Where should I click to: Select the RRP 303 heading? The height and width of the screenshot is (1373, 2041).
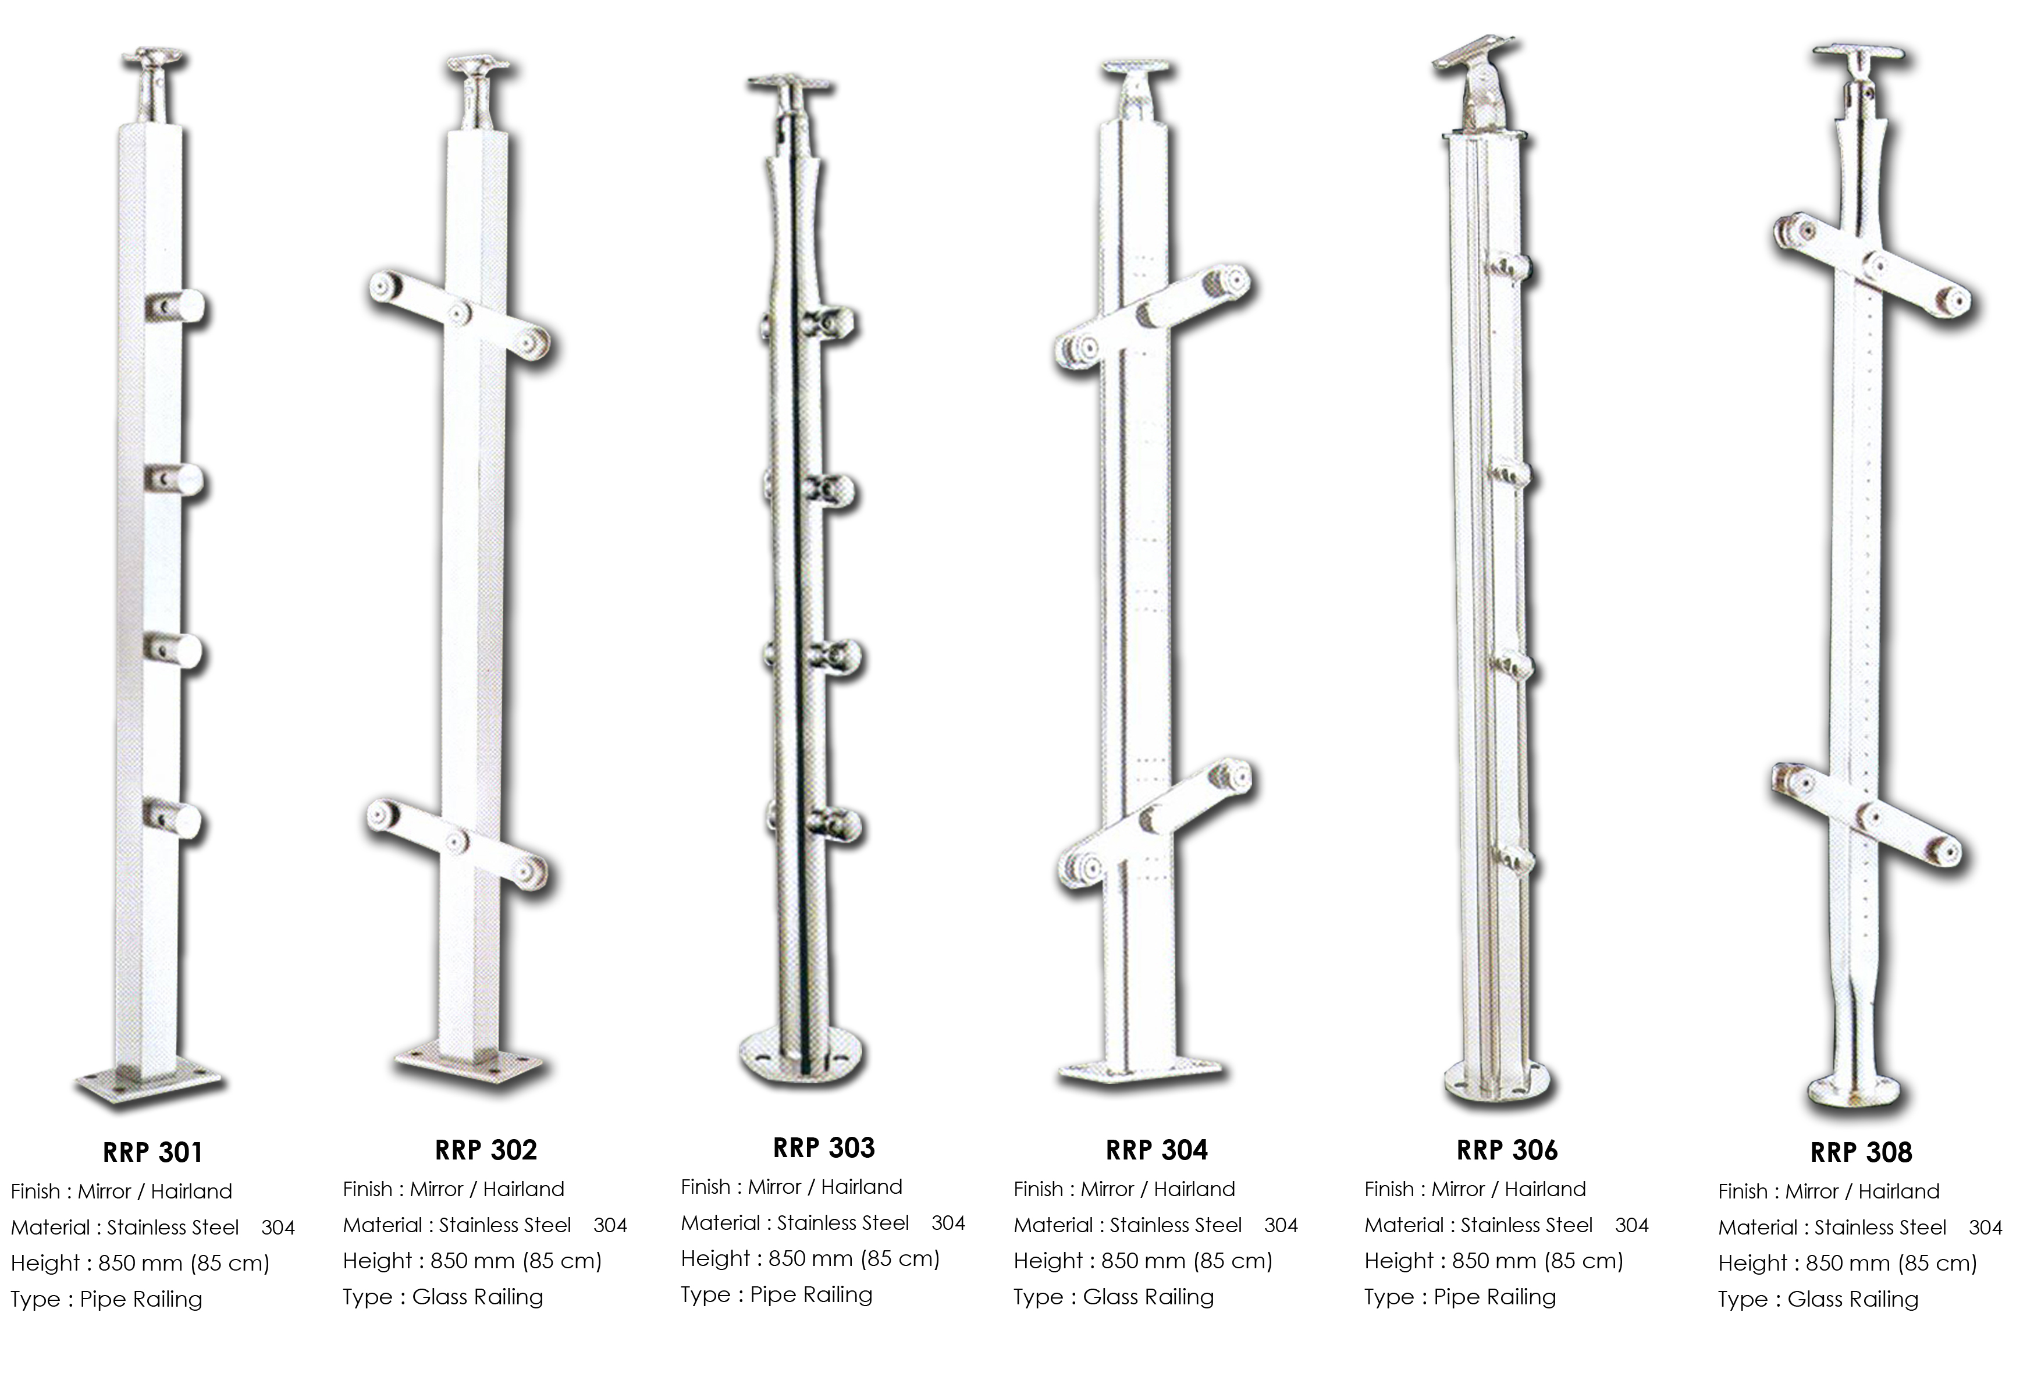click(824, 1147)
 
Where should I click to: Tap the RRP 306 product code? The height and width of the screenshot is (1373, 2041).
click(1507, 1150)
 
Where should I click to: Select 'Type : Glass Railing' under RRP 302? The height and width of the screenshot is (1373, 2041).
click(443, 1297)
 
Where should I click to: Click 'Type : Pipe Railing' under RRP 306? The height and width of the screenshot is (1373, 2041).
click(1460, 1297)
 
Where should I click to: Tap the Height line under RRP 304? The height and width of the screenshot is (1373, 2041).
click(1143, 1261)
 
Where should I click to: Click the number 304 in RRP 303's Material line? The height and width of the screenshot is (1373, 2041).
click(948, 1223)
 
